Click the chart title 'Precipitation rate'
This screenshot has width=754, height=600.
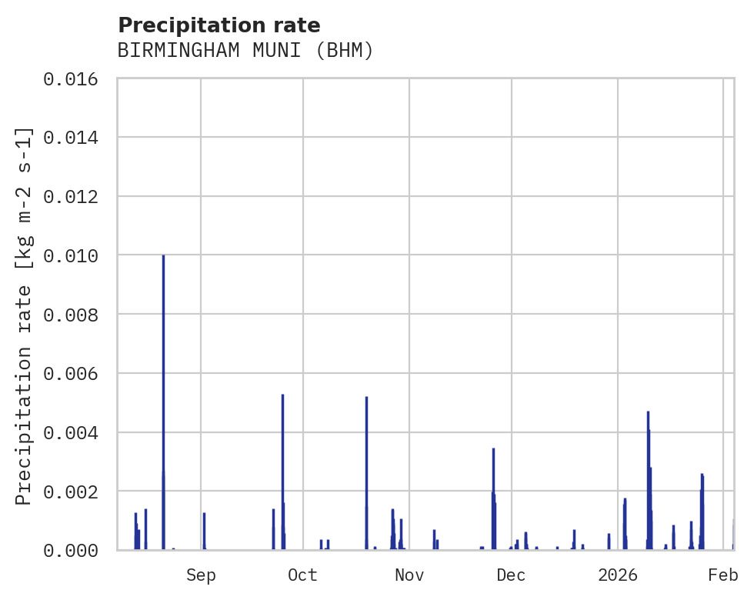pyautogui.click(x=219, y=25)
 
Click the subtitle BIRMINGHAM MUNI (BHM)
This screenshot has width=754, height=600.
pyautogui.click(x=245, y=51)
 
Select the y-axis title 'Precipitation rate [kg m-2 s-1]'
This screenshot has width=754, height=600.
pyautogui.click(x=24, y=315)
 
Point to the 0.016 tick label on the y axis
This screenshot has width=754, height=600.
pyautogui.click(x=76, y=79)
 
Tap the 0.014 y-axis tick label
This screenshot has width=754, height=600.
pyautogui.click(x=76, y=138)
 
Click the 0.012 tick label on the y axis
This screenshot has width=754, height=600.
pyautogui.click(x=76, y=197)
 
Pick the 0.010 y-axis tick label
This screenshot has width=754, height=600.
pyautogui.click(x=76, y=255)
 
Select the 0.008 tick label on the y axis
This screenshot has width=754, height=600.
pyautogui.click(x=76, y=315)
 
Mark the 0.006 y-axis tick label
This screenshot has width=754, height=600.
pyautogui.click(x=76, y=374)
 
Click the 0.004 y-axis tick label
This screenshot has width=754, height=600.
pyautogui.click(x=76, y=432)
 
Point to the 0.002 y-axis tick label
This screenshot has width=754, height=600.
pyautogui.click(x=76, y=492)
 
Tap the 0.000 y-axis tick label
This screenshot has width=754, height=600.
pyautogui.click(x=76, y=550)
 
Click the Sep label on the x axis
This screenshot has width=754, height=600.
pyautogui.click(x=201, y=575)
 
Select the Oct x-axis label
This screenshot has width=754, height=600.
pyautogui.click(x=303, y=575)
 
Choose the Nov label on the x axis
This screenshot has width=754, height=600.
pyautogui.click(x=409, y=575)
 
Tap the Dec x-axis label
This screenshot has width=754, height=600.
pyautogui.click(x=512, y=575)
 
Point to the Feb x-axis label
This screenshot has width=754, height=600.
pyautogui.click(x=723, y=575)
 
